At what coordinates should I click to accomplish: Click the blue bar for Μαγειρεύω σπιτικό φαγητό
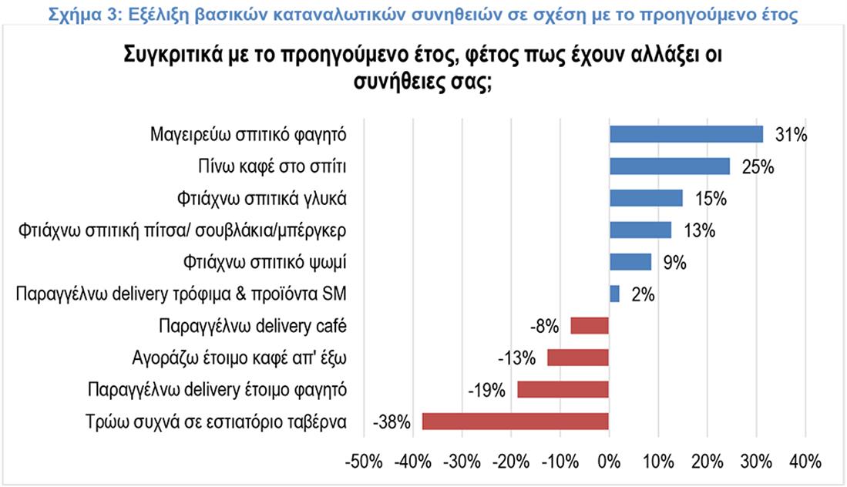[x=686, y=134]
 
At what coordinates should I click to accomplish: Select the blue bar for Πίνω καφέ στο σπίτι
[x=669, y=166]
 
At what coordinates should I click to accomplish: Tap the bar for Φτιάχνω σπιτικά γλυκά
[x=646, y=198]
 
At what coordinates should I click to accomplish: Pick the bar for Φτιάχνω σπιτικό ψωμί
[x=630, y=262]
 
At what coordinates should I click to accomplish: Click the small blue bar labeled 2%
[x=614, y=294]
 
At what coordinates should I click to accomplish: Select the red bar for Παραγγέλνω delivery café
[x=590, y=326]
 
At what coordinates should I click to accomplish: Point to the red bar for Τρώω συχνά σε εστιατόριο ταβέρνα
[x=516, y=422]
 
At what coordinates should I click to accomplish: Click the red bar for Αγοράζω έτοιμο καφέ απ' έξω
[x=578, y=358]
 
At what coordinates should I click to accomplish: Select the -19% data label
[x=487, y=390]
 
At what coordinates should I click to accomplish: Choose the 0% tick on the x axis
[x=609, y=462]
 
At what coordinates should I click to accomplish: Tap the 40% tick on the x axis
[x=805, y=462]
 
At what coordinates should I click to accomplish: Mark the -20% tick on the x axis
[x=511, y=462]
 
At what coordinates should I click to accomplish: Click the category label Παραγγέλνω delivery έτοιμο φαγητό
[x=217, y=389]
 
